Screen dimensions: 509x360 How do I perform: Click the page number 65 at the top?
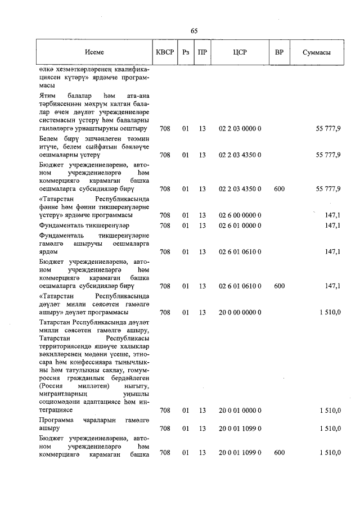pos(195,30)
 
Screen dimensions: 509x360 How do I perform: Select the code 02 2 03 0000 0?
pos(240,129)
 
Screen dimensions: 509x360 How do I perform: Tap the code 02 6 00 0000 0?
pos(240,215)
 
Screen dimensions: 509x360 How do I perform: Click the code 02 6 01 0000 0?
pos(240,226)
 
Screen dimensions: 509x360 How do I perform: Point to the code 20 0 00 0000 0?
pos(240,312)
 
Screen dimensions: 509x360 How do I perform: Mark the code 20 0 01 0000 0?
pos(240,411)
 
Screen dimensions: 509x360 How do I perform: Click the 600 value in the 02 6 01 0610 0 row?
pos(279,286)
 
